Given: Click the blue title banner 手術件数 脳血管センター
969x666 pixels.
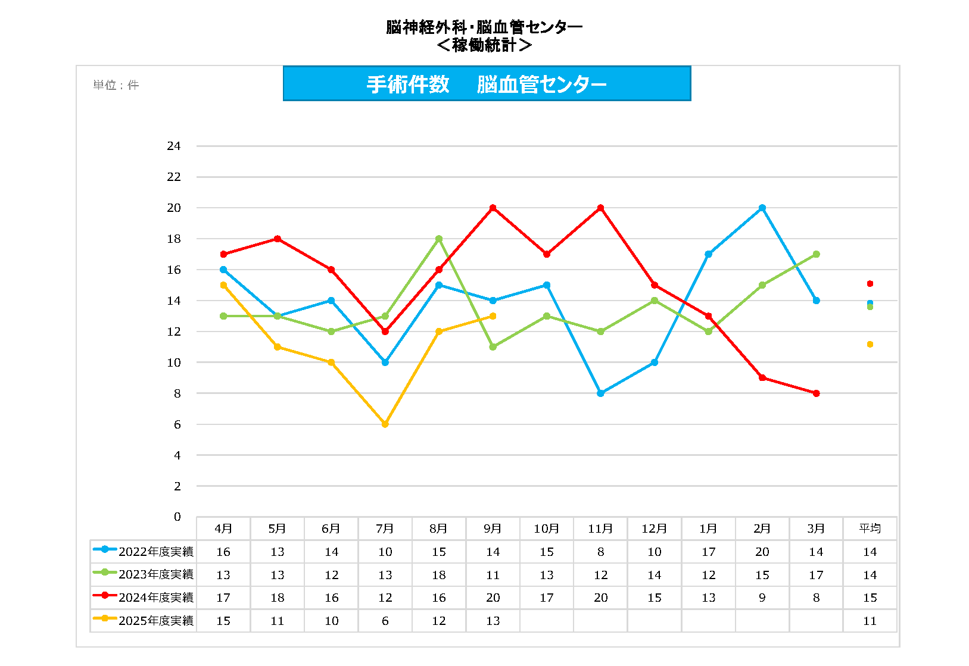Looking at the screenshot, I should [487, 84].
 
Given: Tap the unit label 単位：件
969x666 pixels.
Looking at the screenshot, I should [116, 85].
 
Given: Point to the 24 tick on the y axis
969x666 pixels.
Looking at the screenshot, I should [173, 146].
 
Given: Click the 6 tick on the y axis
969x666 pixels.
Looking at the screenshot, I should [177, 424].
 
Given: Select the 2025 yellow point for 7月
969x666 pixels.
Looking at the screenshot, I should [385, 424].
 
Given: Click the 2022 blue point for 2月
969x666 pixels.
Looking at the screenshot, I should [762, 208].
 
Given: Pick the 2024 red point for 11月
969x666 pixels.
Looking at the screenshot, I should [600, 208].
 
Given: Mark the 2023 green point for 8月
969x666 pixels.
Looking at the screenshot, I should [439, 239].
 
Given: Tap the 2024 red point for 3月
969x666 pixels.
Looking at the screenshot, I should [816, 393].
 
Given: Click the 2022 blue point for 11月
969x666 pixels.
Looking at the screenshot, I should [600, 393].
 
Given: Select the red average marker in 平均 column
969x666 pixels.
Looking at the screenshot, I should [870, 283].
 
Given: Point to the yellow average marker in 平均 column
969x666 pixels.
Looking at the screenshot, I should [870, 344].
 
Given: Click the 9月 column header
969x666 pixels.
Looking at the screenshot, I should [493, 529].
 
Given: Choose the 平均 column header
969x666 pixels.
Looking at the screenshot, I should [870, 529].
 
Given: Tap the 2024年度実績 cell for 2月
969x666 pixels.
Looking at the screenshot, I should [762, 598].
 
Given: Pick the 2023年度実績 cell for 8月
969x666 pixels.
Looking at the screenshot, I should [439, 575].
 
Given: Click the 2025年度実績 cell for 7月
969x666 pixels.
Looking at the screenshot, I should [385, 621].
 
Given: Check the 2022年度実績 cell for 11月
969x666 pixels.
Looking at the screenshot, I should [600, 552].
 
